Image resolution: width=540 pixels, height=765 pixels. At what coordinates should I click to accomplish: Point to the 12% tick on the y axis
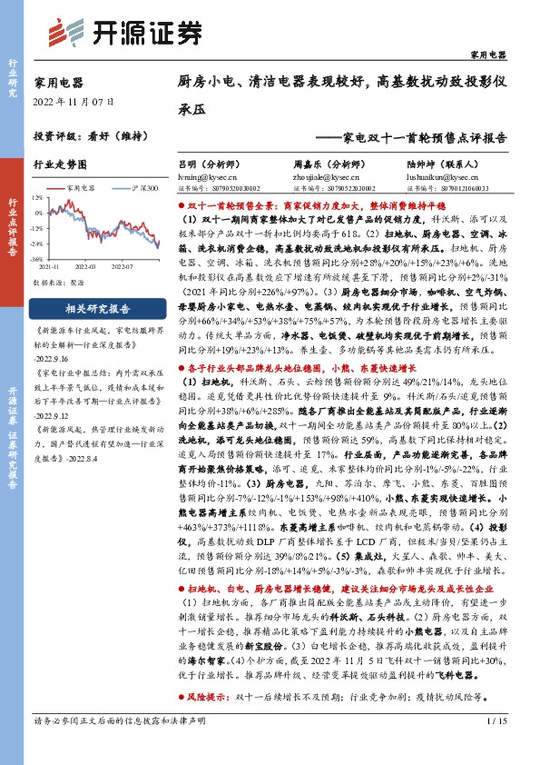(x=37, y=196)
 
